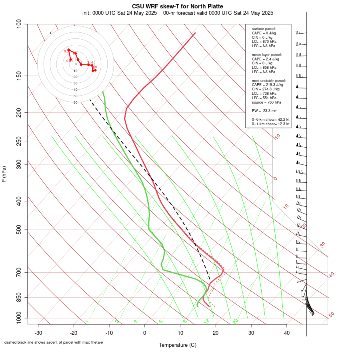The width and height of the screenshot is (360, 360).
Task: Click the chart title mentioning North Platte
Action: pos(178,6)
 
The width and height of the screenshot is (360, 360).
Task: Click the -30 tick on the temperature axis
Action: pos(38,332)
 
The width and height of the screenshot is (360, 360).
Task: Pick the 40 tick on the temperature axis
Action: pos(287,332)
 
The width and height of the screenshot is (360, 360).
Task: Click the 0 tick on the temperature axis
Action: pos(145,332)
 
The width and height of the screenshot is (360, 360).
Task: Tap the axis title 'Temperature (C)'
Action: pos(178,345)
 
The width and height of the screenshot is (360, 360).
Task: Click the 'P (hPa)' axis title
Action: pos(4,174)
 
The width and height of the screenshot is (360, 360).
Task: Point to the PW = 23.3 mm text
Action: pos(264,110)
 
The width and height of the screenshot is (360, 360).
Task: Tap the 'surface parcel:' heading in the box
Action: pos(264,29)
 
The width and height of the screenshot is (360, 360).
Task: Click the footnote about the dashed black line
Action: pos(54,342)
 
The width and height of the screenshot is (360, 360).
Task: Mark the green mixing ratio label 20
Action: pos(235,321)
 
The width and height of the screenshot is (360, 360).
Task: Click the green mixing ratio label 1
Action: pos(86,322)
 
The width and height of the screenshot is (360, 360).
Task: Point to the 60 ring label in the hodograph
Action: pos(75,102)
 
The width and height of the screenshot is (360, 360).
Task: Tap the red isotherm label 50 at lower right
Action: pos(331,315)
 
